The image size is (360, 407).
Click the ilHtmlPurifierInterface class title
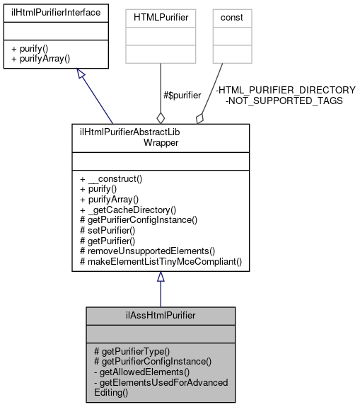[55, 12]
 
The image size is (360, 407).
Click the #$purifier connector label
[181, 94]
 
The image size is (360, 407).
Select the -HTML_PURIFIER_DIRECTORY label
[285, 90]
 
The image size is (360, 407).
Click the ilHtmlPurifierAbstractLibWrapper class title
[160, 137]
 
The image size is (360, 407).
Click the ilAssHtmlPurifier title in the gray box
[160, 314]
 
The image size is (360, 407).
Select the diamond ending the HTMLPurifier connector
[161, 117]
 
